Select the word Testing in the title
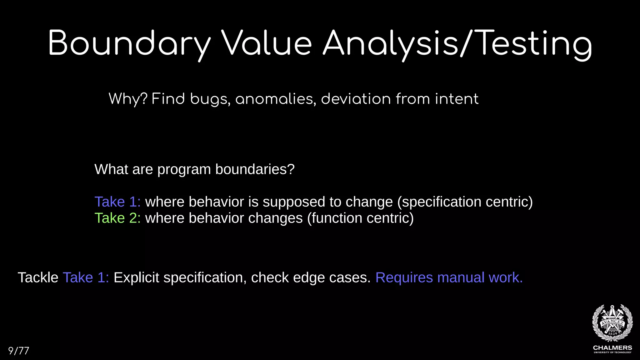click(534, 44)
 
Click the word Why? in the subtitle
click(128, 99)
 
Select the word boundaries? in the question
click(255, 169)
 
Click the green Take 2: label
click(117, 218)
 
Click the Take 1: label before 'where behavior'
click(117, 202)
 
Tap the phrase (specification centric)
click(465, 202)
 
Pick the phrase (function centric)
click(360, 218)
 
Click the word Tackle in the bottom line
click(38, 277)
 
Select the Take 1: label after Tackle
click(86, 277)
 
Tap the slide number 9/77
click(18, 351)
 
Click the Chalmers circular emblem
click(612, 323)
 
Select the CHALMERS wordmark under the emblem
click(612, 348)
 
